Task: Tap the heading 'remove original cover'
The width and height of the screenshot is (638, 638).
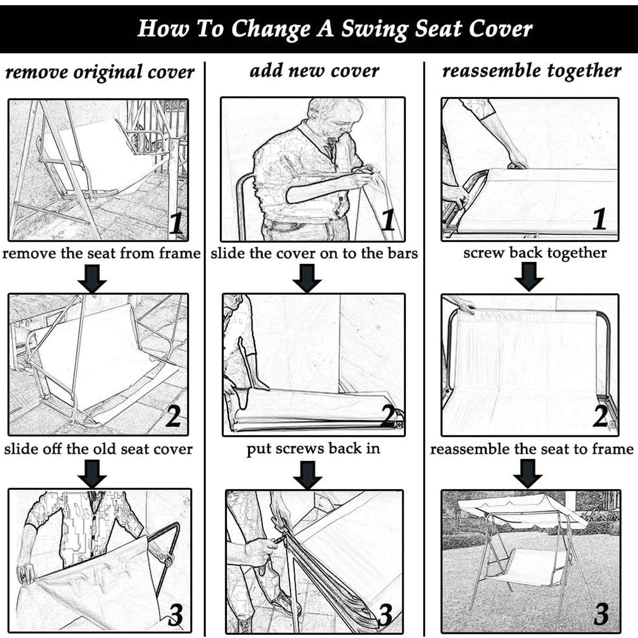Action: click(100, 73)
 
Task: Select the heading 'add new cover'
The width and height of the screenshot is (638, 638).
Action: click(314, 71)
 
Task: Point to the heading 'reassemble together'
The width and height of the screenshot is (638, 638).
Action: click(532, 71)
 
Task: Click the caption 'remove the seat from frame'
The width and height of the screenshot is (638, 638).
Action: click(101, 253)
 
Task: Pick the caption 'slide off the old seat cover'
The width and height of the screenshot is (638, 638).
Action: click(98, 449)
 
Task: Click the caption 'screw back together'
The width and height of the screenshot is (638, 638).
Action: click(535, 253)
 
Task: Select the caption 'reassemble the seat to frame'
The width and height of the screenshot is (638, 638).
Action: click(532, 449)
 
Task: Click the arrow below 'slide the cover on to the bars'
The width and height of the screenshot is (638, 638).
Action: click(307, 279)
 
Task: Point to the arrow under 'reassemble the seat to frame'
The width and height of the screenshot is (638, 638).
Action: click(528, 473)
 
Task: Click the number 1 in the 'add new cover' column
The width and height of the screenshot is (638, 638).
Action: click(388, 220)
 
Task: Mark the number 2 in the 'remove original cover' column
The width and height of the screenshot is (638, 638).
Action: click(173, 416)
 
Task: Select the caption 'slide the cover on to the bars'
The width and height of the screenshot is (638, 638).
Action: click(314, 253)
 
